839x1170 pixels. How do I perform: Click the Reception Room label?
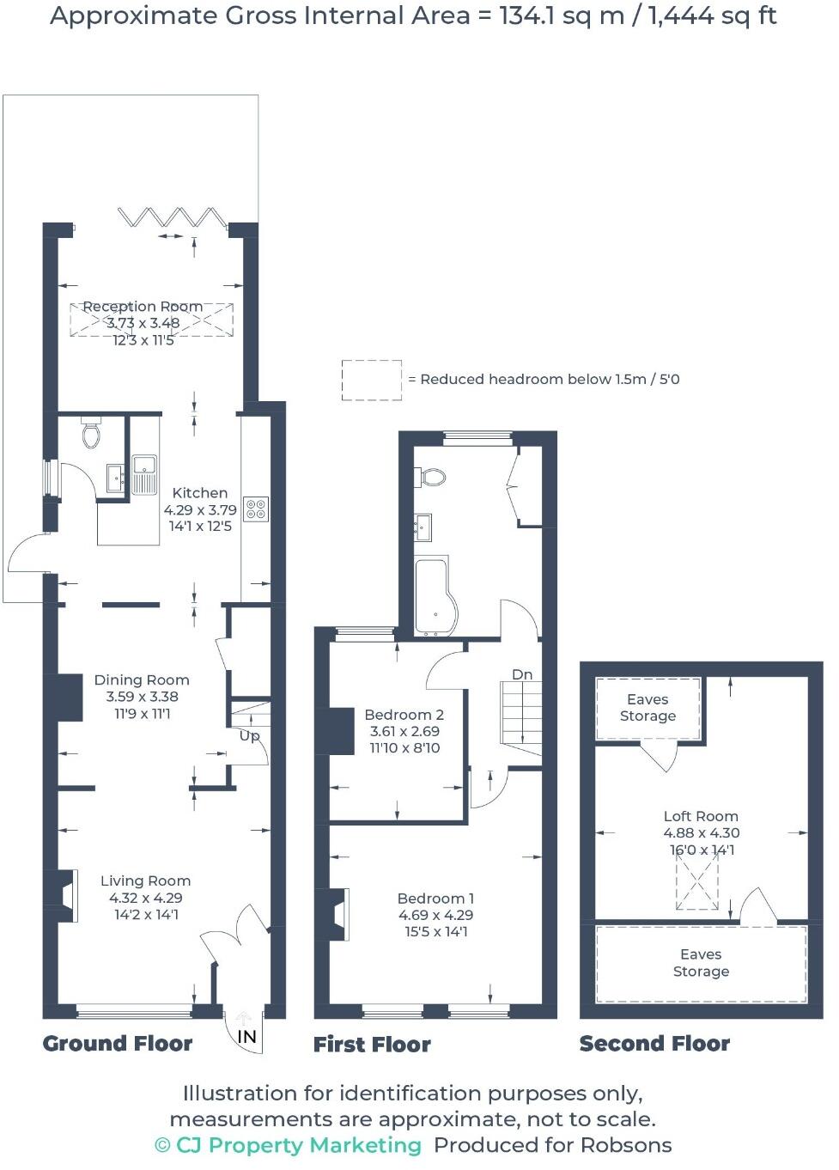(143, 307)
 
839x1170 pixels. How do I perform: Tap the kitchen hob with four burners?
(256, 509)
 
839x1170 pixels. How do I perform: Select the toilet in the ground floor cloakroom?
(92, 434)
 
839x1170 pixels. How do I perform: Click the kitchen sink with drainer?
(144, 475)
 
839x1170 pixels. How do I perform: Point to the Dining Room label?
(142, 679)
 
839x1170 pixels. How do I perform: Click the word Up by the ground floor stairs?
(249, 736)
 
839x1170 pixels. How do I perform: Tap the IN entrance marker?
(246, 1037)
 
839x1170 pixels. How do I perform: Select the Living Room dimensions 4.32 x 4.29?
(146, 898)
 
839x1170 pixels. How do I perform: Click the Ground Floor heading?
(118, 1044)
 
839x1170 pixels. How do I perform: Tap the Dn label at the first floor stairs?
(522, 675)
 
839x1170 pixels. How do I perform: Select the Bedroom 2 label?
(404, 715)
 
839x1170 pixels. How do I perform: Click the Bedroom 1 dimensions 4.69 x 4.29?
(435, 915)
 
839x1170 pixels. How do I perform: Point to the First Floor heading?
(372, 1045)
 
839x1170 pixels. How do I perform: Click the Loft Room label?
(701, 816)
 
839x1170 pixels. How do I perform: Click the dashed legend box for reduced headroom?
(371, 380)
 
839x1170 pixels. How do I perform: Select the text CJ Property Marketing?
(298, 1145)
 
